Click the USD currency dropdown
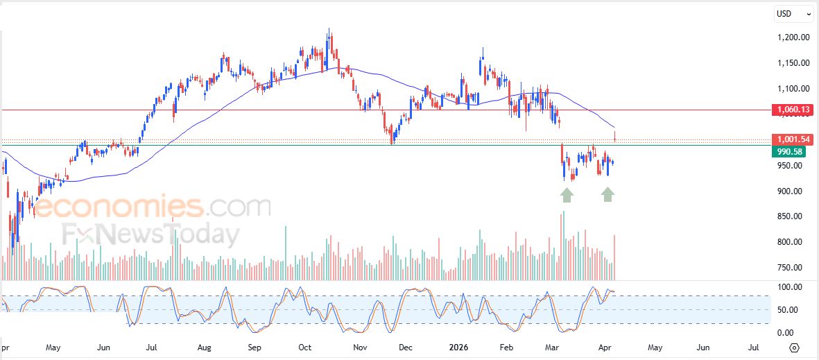pyautogui.click(x=793, y=13)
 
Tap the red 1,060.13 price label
pyautogui.click(x=792, y=110)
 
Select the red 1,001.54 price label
pyautogui.click(x=792, y=139)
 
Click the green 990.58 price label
pyautogui.click(x=792, y=151)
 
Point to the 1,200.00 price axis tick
pyautogui.click(x=792, y=37)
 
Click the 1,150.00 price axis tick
pyautogui.click(x=792, y=63)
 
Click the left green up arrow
pyautogui.click(x=567, y=195)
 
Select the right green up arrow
pyautogui.click(x=607, y=195)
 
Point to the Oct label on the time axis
pyautogui.click(x=305, y=346)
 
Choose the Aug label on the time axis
pyautogui.click(x=204, y=346)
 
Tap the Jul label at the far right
pyautogui.click(x=753, y=346)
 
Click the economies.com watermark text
pyautogui.click(x=152, y=207)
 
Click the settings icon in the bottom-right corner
pyautogui.click(x=795, y=348)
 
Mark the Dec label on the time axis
pyautogui.click(x=406, y=346)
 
